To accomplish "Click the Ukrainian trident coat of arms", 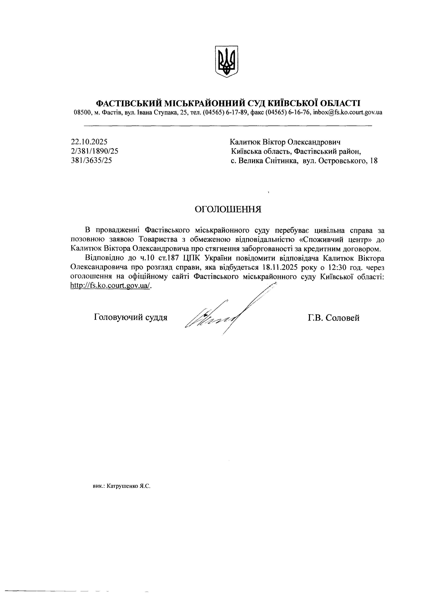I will pos(227,61).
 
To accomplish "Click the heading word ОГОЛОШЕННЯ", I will pos(228,209).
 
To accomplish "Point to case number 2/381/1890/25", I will pos(95,151).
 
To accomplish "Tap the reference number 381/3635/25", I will pos(92,160).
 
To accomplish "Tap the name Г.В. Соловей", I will pos(334,318).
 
